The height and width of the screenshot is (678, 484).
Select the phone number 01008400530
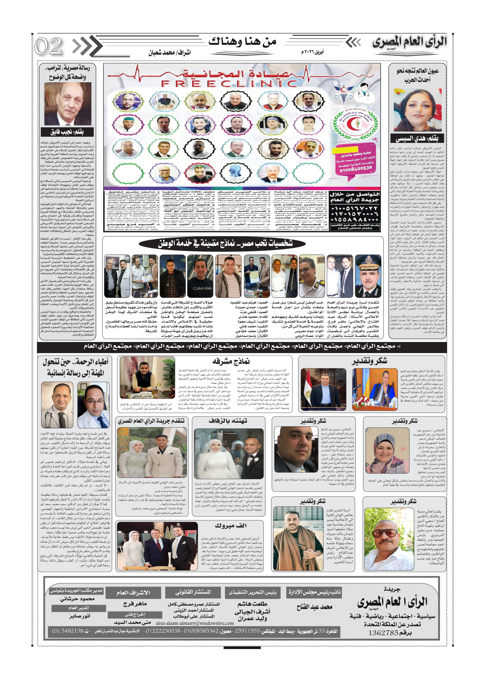pos(356,169)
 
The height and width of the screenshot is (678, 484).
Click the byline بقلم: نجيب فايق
pos(67,132)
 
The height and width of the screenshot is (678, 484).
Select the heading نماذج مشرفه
pos(231,362)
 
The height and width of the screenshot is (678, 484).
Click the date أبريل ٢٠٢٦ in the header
pos(312,52)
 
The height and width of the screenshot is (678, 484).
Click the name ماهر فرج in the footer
pos(135,604)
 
